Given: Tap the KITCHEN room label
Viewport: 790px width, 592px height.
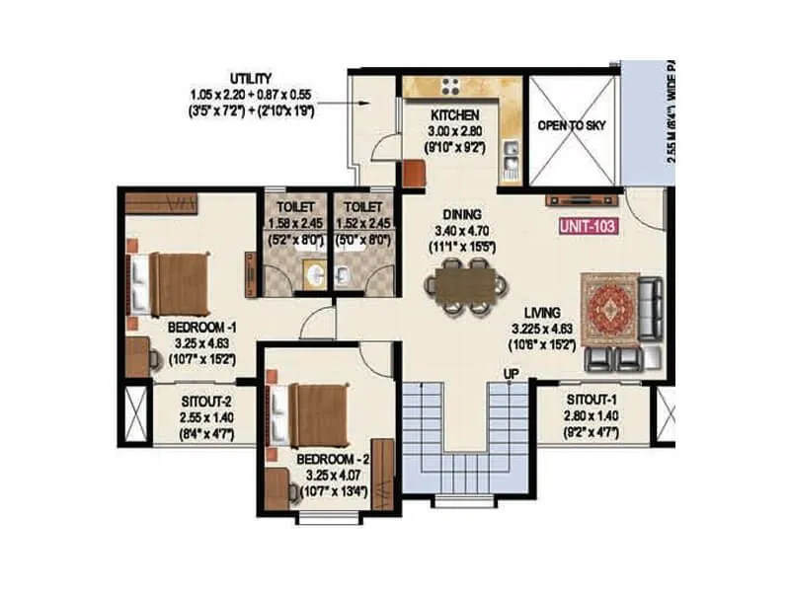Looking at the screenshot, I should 454,115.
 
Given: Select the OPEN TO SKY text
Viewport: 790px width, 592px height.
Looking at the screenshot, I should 572,126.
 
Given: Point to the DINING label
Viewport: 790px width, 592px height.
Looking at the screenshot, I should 461,214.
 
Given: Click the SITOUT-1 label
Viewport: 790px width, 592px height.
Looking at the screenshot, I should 592,400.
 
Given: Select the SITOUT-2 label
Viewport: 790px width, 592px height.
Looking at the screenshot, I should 206,403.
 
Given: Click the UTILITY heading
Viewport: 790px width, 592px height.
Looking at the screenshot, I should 252,78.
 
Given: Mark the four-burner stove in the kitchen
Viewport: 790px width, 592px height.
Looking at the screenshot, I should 452,87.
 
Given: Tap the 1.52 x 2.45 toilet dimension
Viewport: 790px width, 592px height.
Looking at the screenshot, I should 363,223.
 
